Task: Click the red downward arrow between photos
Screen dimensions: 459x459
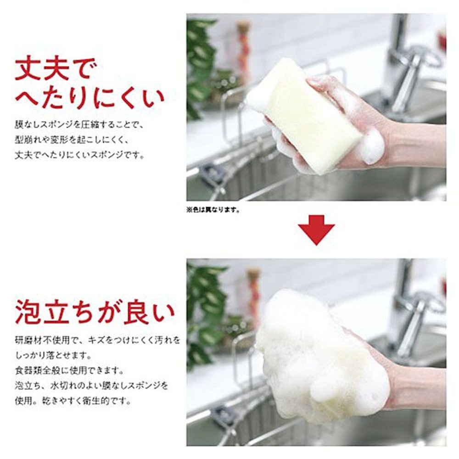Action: (x=316, y=229)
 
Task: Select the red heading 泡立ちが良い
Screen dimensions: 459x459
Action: (x=95, y=313)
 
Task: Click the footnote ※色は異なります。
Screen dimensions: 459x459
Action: (x=213, y=211)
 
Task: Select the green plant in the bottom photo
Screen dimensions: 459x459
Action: (x=202, y=312)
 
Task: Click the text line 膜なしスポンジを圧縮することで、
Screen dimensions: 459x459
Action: (x=80, y=124)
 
